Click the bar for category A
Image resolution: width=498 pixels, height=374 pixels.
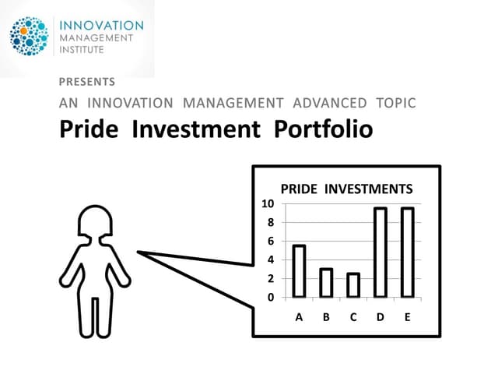299,271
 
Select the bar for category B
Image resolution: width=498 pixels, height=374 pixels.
326,283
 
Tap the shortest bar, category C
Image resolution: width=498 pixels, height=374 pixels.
353,285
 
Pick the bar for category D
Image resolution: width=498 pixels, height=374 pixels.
381,252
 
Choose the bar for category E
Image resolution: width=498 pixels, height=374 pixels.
407,252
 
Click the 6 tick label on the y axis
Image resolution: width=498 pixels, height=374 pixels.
271,242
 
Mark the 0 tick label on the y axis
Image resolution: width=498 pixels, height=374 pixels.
271,298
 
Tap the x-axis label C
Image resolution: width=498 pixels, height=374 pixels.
353,317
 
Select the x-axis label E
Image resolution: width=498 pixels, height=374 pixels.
407,317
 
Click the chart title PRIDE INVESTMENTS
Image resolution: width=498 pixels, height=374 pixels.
346,189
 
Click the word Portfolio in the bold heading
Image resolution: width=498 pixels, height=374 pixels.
324,130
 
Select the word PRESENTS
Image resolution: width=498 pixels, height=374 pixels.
87,81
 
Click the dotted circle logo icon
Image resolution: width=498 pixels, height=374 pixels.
30,36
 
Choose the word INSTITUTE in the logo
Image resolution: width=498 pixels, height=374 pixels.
84,51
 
